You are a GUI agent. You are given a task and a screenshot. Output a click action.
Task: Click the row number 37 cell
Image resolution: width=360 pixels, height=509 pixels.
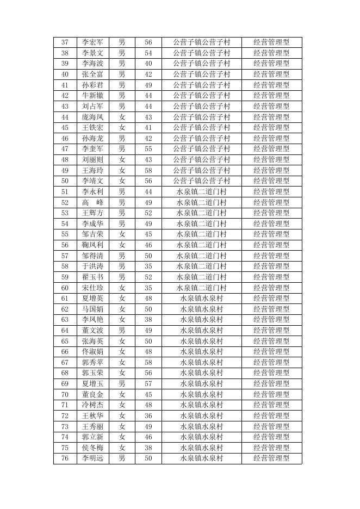[x=65, y=42]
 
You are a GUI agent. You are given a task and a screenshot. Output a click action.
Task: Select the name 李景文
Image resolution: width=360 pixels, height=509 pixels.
[x=92, y=53]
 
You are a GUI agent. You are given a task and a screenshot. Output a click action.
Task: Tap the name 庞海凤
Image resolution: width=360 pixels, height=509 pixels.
[x=92, y=117]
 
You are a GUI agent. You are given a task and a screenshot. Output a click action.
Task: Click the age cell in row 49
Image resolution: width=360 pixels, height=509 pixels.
[x=148, y=170]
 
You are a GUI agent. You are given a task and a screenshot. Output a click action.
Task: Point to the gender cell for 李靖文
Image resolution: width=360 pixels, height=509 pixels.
[x=122, y=181]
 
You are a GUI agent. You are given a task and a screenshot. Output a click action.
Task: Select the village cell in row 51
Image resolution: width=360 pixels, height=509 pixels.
[x=201, y=191]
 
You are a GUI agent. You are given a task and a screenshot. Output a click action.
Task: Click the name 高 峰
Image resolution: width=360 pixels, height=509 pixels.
[x=92, y=202]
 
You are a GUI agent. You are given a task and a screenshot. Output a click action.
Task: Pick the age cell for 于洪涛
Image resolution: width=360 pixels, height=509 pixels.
[x=148, y=266]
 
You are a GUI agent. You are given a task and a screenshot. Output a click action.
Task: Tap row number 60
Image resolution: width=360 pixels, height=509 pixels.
[x=65, y=288]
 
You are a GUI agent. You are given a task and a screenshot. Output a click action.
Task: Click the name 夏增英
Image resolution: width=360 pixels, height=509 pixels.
[x=92, y=298]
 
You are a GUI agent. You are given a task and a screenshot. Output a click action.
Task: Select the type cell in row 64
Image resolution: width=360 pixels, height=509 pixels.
[x=271, y=330]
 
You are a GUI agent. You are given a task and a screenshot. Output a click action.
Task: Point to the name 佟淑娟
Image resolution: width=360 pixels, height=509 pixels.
[x=92, y=351]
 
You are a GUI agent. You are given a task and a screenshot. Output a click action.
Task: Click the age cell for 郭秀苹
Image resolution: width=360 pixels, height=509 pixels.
[x=148, y=362]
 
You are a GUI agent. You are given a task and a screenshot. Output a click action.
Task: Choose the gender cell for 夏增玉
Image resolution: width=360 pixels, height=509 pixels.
[x=122, y=383]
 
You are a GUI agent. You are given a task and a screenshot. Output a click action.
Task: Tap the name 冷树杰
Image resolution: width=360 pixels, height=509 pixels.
[x=92, y=405]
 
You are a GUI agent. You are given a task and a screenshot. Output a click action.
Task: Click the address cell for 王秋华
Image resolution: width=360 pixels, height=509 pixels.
[x=201, y=415]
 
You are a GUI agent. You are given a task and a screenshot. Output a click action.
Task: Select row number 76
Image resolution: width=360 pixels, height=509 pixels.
[x=65, y=458]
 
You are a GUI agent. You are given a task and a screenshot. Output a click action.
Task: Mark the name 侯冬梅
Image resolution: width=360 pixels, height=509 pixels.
[x=92, y=448]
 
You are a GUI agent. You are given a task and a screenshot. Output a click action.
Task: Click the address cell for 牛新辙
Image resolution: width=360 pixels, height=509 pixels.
[x=201, y=95]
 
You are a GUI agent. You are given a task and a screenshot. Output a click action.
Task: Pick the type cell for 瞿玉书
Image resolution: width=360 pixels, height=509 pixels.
[x=271, y=277]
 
